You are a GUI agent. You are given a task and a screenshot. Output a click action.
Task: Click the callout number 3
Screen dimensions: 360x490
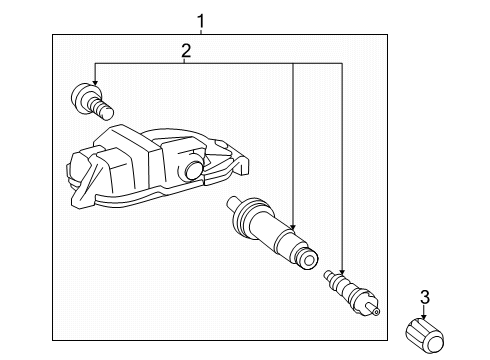tap(424, 296)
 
